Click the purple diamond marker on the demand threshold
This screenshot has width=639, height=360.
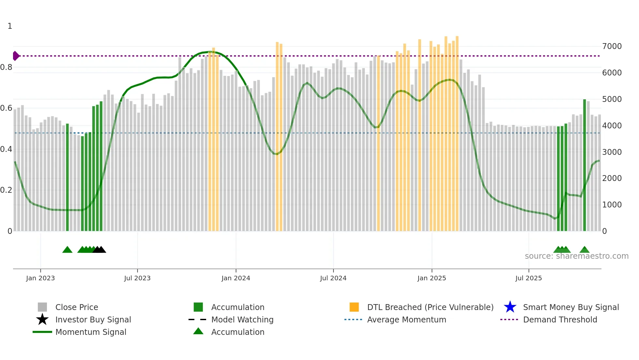(16, 56)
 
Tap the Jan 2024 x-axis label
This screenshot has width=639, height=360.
(236, 278)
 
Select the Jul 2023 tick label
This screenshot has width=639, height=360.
(137, 278)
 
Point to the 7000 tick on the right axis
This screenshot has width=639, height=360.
(612, 46)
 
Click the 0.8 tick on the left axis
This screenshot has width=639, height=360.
(7, 67)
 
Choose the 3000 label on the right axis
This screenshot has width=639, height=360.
(612, 152)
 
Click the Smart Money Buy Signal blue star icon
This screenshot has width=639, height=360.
(510, 307)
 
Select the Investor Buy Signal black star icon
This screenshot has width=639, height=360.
(42, 319)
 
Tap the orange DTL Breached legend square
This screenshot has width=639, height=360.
(354, 307)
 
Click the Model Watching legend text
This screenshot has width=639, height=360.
(242, 319)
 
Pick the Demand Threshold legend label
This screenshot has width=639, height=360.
(560, 319)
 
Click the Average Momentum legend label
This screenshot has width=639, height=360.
(407, 319)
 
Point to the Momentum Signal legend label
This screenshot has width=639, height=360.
(91, 332)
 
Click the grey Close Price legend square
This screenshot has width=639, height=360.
(42, 307)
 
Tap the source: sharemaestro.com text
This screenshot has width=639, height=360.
(576, 256)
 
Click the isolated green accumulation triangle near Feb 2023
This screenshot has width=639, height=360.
(67, 250)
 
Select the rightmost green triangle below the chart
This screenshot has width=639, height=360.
(584, 250)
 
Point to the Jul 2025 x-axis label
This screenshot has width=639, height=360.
(528, 278)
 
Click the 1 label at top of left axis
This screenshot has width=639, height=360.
(10, 26)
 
